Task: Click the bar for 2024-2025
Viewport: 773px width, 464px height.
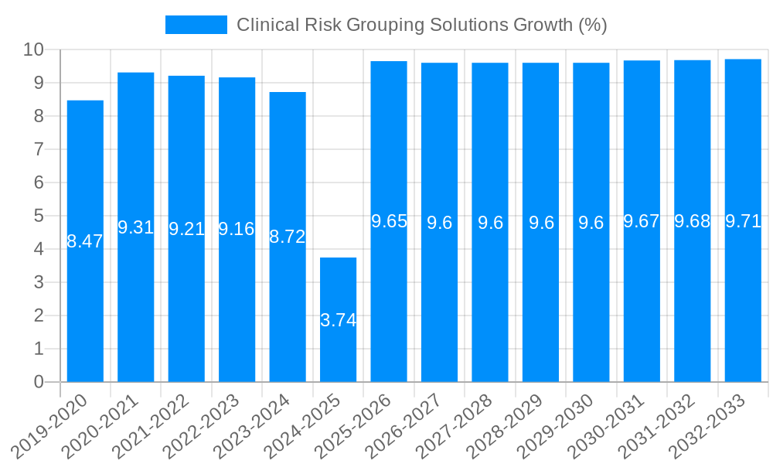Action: tap(339, 319)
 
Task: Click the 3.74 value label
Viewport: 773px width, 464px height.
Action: tap(339, 320)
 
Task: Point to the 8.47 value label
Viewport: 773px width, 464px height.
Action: tap(85, 241)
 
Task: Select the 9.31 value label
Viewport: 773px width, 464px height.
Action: tap(136, 227)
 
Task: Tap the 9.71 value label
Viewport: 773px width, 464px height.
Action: tap(743, 221)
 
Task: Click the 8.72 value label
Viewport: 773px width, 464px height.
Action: tap(288, 237)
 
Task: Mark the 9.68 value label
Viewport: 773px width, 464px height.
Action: tap(693, 221)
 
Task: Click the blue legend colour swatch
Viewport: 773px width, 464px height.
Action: tap(196, 25)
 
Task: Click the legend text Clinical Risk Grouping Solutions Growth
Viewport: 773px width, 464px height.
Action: tap(421, 25)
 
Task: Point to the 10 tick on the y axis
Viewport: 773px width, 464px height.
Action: tap(33, 50)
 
